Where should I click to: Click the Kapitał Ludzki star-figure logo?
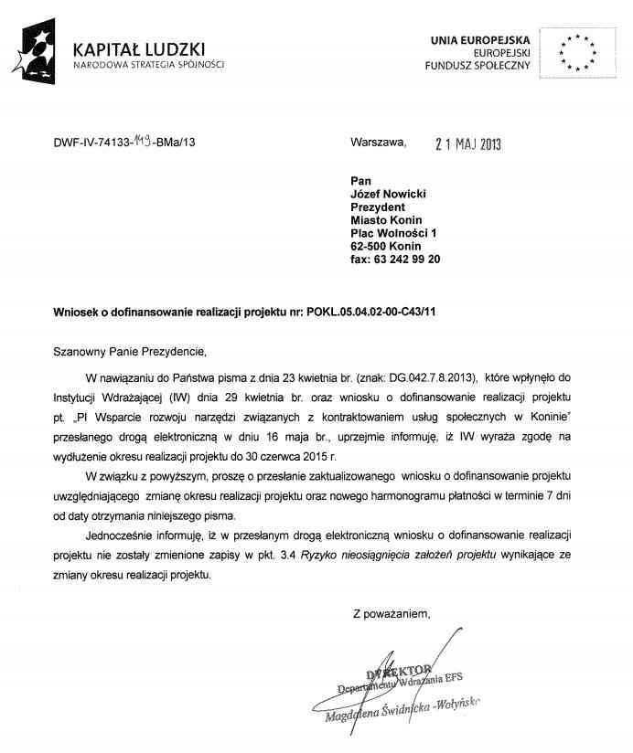coord(38,51)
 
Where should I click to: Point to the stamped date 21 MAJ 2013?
coord(468,143)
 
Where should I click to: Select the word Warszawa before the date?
coord(376,143)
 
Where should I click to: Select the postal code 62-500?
coord(368,246)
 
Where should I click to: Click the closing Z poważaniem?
coord(392,614)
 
